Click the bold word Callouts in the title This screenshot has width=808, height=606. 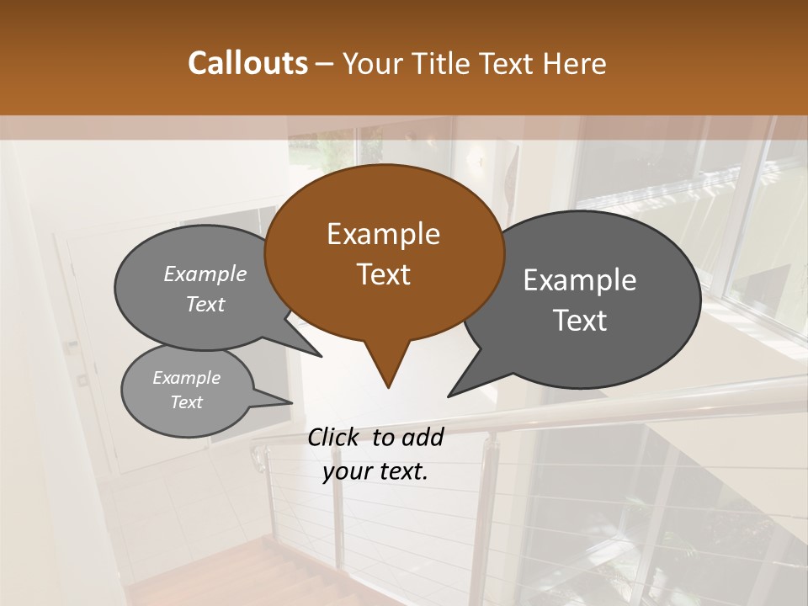pos(247,63)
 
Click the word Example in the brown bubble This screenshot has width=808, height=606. pos(383,234)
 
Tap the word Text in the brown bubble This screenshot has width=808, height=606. pos(383,274)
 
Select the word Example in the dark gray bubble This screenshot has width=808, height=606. pos(580,280)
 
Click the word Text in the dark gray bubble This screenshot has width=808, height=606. pos(580,321)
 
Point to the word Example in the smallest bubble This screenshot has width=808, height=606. pos(187,378)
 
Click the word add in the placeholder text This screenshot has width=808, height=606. pos(422,437)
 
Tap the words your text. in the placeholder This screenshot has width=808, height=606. pos(375,471)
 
